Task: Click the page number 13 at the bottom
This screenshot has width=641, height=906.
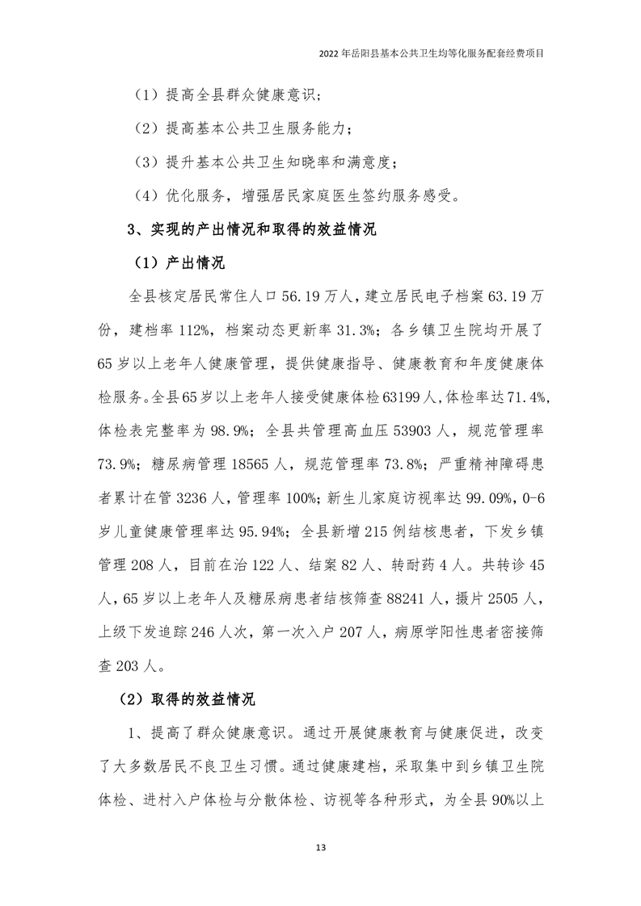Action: point(321,847)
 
